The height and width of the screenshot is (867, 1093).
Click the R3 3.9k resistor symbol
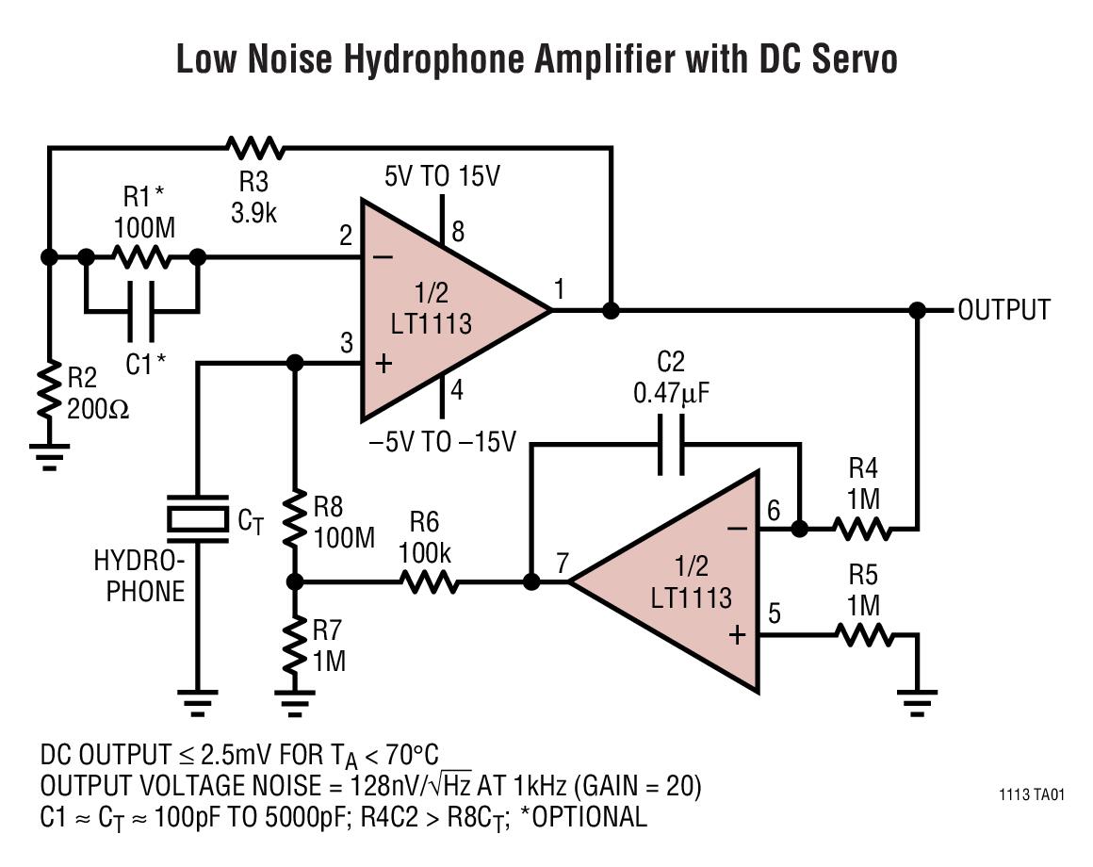(x=254, y=147)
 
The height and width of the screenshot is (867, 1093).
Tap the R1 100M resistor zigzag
(x=140, y=256)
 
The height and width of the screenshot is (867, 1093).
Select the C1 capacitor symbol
(x=141, y=310)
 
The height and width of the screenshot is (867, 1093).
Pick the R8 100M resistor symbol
(x=295, y=519)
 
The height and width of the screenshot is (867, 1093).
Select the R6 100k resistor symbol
(x=431, y=582)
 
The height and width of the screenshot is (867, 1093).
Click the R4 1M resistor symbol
(x=863, y=530)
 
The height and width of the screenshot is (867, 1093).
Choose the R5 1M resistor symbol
(x=863, y=635)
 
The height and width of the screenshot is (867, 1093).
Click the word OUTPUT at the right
(x=1003, y=310)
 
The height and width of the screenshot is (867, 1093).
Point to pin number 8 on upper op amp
(x=458, y=230)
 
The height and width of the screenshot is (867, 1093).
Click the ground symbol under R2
(x=50, y=456)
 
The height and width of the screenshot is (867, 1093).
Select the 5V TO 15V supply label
(x=442, y=176)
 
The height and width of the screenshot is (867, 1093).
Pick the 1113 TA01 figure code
(x=1032, y=794)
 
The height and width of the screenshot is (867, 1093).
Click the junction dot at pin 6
(x=799, y=530)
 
